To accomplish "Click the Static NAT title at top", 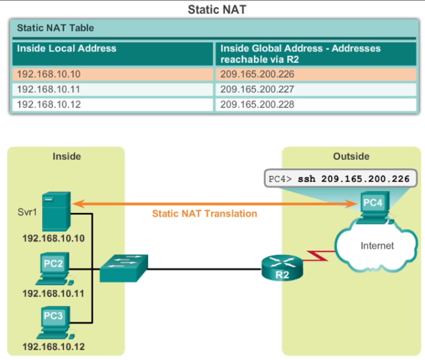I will pyautogui.click(x=212, y=10).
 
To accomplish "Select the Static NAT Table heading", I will pyautogui.click(x=55, y=27).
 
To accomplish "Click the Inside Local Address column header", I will pyautogui.click(x=66, y=49).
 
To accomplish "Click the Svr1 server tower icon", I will pyautogui.click(x=57, y=211).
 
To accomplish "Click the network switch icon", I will pyautogui.click(x=123, y=267).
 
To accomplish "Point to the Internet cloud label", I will pyautogui.click(x=377, y=246).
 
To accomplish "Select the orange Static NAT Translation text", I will pyautogui.click(x=204, y=213).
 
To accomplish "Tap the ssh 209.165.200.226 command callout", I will pyautogui.click(x=340, y=179).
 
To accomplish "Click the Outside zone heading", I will pyautogui.click(x=351, y=156).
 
